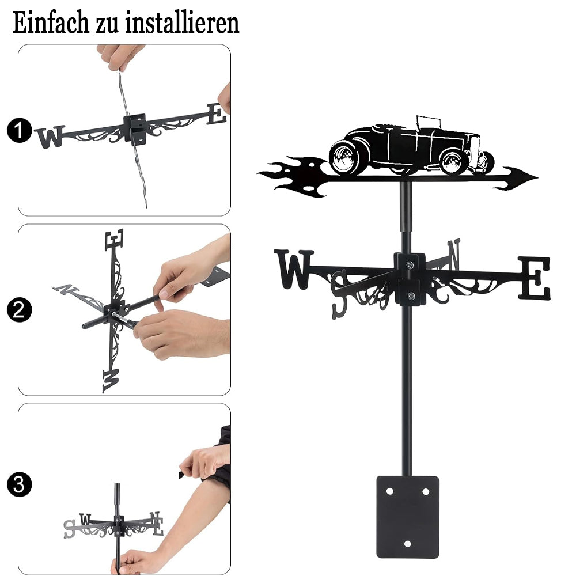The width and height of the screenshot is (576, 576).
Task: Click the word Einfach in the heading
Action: click(51, 23)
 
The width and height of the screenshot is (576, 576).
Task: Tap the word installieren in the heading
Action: click(182, 23)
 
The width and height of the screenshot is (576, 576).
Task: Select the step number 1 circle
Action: click(19, 130)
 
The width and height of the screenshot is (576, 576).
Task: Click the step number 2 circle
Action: click(19, 310)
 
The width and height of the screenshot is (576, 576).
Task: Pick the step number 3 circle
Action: click(19, 484)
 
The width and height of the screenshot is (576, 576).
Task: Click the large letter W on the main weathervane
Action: click(293, 269)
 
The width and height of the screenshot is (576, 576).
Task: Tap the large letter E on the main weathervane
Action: click(535, 278)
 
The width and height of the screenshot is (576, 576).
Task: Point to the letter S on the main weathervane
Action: click(339, 294)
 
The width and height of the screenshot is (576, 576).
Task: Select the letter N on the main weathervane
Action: click(454, 255)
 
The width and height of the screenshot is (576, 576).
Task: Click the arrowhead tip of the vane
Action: click(538, 178)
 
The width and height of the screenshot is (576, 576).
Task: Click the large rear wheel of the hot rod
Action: click(345, 157)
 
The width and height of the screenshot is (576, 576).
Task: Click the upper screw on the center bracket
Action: click(410, 264)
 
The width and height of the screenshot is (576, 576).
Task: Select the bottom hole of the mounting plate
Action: click(407, 544)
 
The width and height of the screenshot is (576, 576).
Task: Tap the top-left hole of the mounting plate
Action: click(389, 491)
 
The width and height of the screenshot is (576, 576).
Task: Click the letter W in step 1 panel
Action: click(50, 137)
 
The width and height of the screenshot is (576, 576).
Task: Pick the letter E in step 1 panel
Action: click(217, 114)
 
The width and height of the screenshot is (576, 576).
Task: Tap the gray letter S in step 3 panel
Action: click(70, 529)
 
